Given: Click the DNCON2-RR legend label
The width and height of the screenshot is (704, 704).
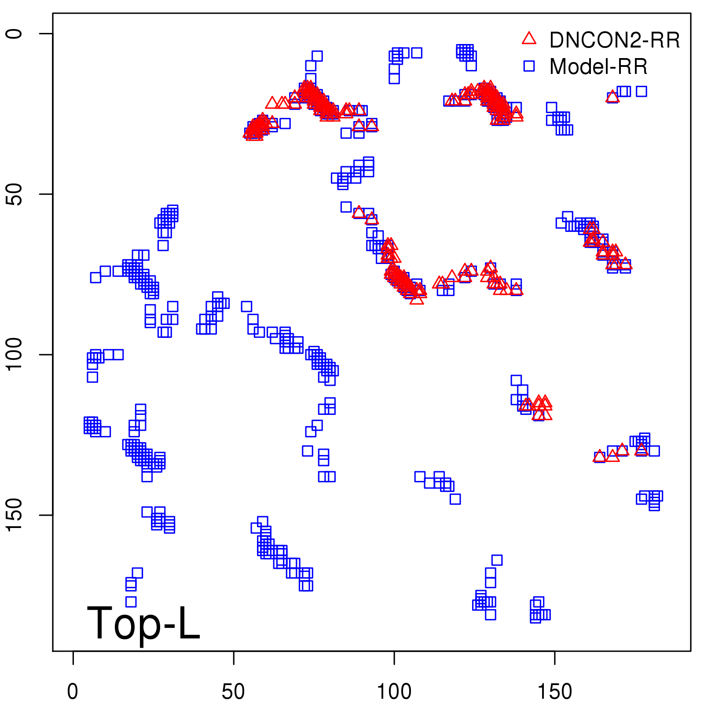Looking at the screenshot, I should tap(614, 40).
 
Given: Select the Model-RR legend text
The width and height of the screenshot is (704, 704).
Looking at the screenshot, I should tap(598, 67).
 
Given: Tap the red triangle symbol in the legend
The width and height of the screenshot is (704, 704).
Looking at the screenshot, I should tap(529, 39).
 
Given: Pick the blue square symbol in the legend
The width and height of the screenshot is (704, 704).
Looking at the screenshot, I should tap(529, 66).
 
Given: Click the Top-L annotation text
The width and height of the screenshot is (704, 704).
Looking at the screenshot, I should tap(143, 623).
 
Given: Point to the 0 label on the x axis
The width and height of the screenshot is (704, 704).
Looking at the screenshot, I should tap(73, 692).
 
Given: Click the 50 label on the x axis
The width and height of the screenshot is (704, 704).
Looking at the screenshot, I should tap(234, 692).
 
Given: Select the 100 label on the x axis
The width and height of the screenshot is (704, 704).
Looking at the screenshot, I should tap(394, 692).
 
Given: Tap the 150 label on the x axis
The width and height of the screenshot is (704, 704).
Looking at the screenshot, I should tap(555, 692).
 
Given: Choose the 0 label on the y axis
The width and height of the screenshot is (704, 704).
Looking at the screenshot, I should tap(14, 34).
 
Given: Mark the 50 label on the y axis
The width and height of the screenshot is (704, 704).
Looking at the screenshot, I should tap(14, 194).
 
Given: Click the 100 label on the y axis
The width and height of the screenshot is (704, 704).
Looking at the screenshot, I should tap(14, 355).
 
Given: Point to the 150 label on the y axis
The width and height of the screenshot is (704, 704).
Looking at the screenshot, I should tap(14, 515).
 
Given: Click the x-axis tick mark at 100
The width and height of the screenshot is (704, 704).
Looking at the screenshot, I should tap(394, 657).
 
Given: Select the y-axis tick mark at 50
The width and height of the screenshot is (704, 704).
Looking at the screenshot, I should tap(47, 194).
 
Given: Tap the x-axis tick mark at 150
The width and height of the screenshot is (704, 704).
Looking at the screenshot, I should tap(555, 657).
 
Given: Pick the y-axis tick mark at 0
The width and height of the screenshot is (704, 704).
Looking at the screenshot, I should tap(47, 34).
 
